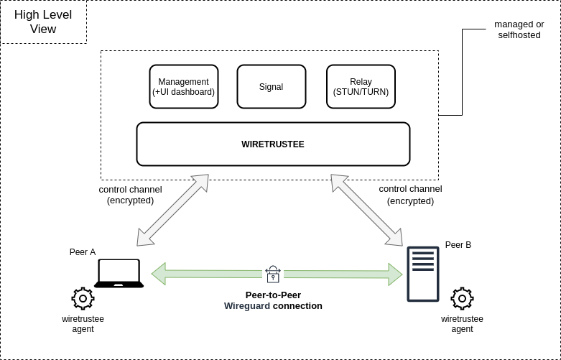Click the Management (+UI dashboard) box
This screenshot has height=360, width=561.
click(x=183, y=87)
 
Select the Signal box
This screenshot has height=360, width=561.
click(x=271, y=87)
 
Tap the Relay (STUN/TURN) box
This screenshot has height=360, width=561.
click(x=361, y=87)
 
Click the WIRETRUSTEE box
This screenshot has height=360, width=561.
click(x=273, y=144)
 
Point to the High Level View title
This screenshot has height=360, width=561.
click(x=43, y=22)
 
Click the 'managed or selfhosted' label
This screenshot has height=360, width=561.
click(x=519, y=29)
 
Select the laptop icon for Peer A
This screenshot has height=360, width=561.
click(x=119, y=274)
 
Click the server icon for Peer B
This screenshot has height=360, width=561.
click(x=422, y=274)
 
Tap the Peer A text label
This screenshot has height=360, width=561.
click(x=83, y=252)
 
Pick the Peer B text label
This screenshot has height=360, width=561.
click(x=458, y=245)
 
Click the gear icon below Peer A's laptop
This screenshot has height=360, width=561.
click(x=83, y=298)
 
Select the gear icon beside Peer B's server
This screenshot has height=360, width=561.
click(x=462, y=298)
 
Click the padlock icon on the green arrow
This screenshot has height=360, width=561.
click(x=273, y=273)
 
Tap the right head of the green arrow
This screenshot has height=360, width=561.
click(x=394, y=274)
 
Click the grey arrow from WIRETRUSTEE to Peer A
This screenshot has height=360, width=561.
click(x=172, y=210)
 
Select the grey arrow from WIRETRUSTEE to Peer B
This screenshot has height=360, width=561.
click(x=366, y=210)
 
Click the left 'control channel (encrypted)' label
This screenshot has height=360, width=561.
click(x=130, y=195)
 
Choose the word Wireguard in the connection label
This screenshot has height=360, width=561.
click(x=247, y=305)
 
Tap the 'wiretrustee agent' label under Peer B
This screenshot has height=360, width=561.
click(x=462, y=324)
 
